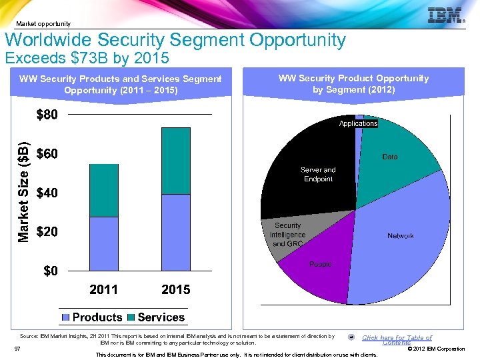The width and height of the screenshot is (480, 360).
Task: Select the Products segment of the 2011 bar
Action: click(103, 243)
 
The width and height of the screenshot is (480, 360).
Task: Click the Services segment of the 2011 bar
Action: click(103, 190)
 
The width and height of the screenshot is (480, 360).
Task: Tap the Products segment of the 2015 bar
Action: click(175, 232)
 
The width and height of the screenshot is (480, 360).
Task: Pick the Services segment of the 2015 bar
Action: click(175, 161)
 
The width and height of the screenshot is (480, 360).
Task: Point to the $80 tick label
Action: click(47, 115)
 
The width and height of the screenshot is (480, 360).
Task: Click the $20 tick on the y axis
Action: click(47, 232)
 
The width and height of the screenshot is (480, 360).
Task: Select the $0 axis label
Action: click(51, 271)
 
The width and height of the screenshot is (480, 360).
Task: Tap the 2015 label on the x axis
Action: click(175, 289)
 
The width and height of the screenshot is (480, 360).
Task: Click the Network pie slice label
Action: click(400, 236)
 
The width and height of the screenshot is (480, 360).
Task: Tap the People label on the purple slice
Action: click(320, 265)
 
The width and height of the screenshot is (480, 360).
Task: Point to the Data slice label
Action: click(390, 157)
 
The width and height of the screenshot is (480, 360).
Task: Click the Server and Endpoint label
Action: click(318, 175)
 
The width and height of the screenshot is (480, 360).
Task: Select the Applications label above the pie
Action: click(358, 123)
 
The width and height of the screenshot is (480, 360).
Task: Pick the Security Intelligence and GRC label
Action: click(287, 235)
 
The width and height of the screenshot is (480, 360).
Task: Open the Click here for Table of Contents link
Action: click(397, 339)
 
